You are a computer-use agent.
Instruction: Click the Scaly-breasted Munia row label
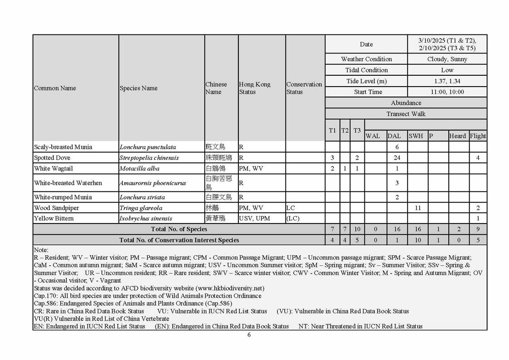click(63, 147)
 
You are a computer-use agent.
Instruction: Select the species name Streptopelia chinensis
click(149, 158)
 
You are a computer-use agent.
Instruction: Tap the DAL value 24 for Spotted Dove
click(397, 158)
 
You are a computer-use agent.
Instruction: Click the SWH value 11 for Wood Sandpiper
click(418, 208)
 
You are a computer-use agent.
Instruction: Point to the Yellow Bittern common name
click(53, 219)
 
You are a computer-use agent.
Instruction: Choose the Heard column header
click(457, 136)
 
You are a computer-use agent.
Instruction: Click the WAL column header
click(373, 136)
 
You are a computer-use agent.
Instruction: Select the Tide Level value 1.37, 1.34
click(447, 81)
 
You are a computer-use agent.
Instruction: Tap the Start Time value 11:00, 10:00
click(447, 92)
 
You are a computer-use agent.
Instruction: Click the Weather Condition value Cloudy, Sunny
click(447, 59)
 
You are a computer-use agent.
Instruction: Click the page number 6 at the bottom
click(249, 335)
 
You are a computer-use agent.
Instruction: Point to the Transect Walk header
click(406, 114)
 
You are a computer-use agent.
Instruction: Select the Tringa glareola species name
click(141, 208)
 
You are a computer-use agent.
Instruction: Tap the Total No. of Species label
click(179, 229)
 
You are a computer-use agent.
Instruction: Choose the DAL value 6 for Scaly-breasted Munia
click(397, 147)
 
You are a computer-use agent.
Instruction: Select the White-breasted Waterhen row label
click(68, 183)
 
